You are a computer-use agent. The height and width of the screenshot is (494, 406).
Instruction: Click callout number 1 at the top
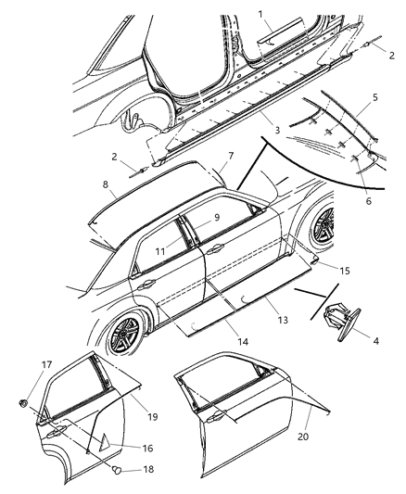pyautogui.click(x=261, y=15)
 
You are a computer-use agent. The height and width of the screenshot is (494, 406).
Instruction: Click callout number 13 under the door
pyautogui.click(x=283, y=319)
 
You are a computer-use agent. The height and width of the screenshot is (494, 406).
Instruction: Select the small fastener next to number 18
pyautogui.click(x=118, y=471)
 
